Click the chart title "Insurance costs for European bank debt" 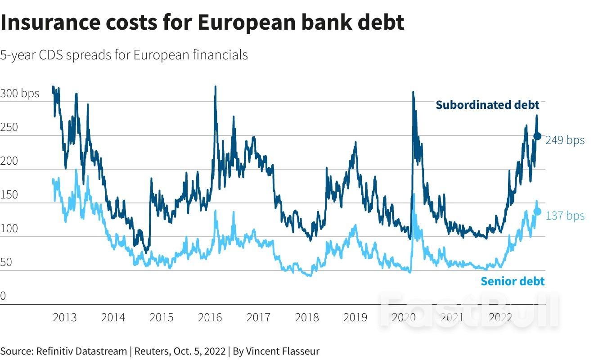coord(202,22)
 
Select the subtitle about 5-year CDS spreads coord(124,55)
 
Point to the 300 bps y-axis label coord(20,94)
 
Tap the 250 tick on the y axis coord(9,127)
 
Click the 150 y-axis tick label coord(9,195)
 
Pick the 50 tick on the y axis coord(6,262)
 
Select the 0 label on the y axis coord(3,296)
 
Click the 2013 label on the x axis coord(65,317)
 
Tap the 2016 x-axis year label coord(210,317)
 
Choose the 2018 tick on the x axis coord(307,317)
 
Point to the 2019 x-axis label coord(355,317)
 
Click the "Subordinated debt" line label coord(487,105)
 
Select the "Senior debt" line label coord(513,281)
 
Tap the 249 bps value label coord(565,140)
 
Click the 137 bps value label coord(565,216)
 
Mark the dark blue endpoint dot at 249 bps coord(537,136)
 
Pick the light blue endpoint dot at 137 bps coord(537,211)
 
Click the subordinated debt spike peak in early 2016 coord(215,87)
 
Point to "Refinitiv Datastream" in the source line coord(81,351)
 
